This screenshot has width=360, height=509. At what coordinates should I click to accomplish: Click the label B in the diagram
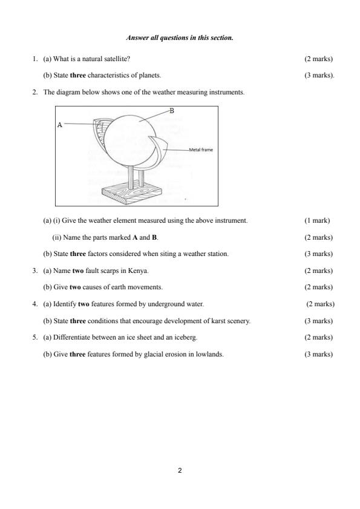click(172, 111)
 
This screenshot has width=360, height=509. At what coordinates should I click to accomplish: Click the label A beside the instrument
click(59, 125)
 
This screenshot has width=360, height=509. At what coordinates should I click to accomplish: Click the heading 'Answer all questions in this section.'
click(180, 38)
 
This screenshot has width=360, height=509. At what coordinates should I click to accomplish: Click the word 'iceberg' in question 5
click(185, 337)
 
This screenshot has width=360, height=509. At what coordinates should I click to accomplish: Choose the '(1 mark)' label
click(317, 220)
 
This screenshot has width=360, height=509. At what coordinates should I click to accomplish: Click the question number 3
click(34, 270)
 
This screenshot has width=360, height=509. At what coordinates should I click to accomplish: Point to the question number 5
click(34, 337)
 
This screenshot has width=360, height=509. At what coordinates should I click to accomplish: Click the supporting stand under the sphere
click(136, 176)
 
